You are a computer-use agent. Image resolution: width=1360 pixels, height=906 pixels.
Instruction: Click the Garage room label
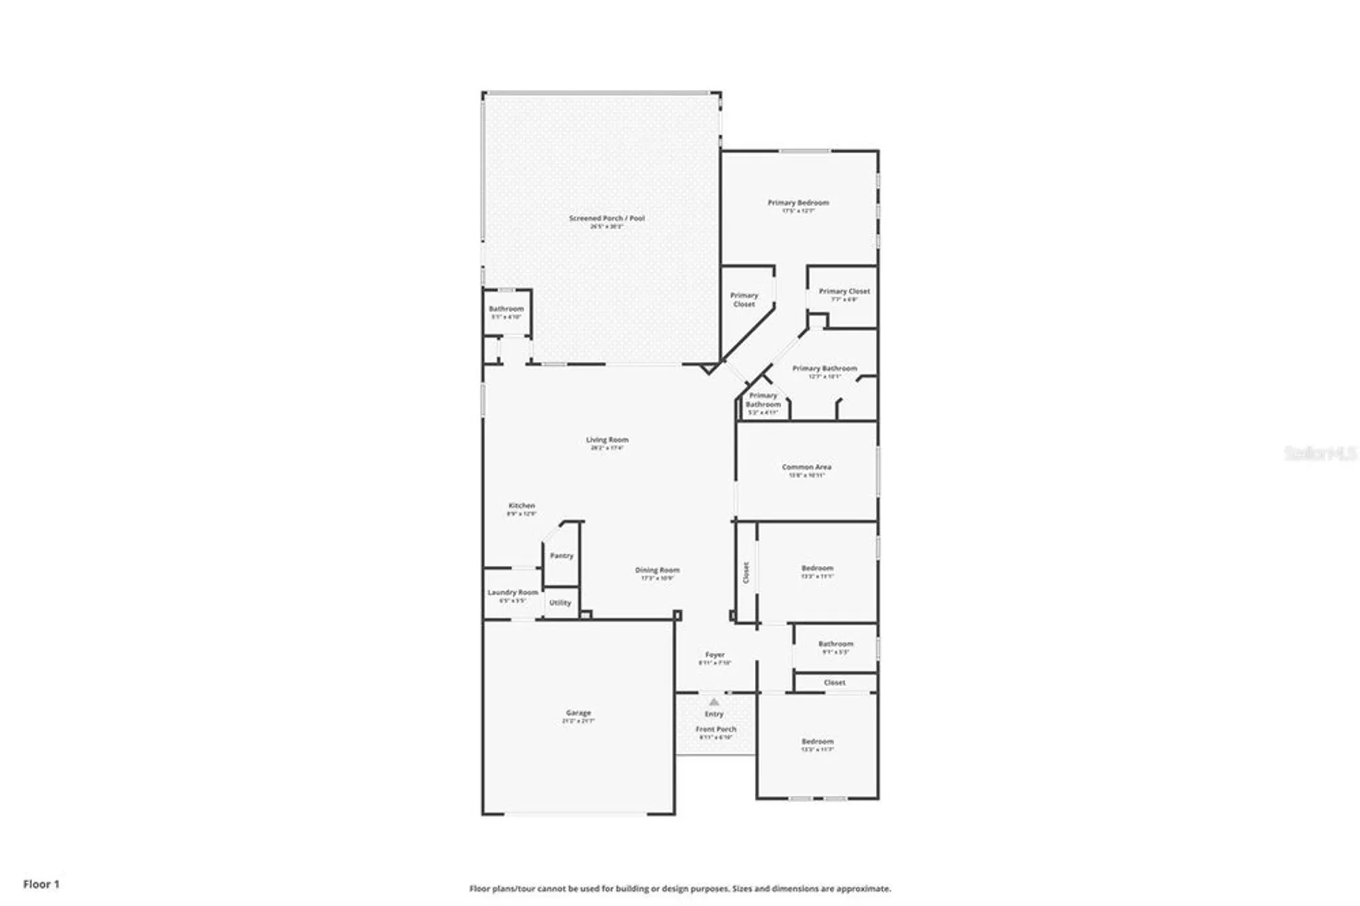click(x=578, y=713)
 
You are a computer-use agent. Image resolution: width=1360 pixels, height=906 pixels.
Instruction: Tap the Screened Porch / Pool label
click(x=607, y=218)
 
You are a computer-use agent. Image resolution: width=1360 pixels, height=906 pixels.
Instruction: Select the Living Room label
click(x=607, y=440)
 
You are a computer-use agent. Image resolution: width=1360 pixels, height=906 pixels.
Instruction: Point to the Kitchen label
click(x=522, y=506)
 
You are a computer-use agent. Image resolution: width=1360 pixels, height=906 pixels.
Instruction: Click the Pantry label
click(x=562, y=556)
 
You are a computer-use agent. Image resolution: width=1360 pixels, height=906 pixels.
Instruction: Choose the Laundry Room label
click(x=513, y=592)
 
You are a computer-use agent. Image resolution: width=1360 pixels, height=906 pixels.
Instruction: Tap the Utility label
click(x=560, y=603)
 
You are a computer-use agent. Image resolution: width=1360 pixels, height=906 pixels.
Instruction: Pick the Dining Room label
click(x=657, y=570)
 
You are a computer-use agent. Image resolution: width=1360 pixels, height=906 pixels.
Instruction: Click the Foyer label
click(x=715, y=654)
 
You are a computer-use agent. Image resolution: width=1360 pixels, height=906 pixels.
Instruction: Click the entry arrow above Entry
click(x=714, y=702)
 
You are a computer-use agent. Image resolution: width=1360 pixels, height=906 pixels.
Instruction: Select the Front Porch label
click(x=715, y=729)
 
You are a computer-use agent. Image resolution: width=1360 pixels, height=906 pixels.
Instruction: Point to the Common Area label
click(x=806, y=467)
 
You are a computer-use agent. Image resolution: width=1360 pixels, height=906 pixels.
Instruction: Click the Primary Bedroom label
click(x=798, y=203)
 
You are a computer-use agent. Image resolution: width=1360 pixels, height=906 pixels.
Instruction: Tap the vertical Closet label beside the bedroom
click(x=746, y=572)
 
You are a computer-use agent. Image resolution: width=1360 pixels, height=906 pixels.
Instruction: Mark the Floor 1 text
click(x=41, y=884)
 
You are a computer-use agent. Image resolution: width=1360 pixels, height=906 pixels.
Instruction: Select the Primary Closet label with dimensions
click(x=844, y=291)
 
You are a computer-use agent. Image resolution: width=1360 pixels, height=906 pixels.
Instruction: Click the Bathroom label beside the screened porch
click(x=507, y=309)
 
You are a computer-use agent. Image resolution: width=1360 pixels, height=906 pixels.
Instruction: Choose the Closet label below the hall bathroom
click(x=834, y=682)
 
